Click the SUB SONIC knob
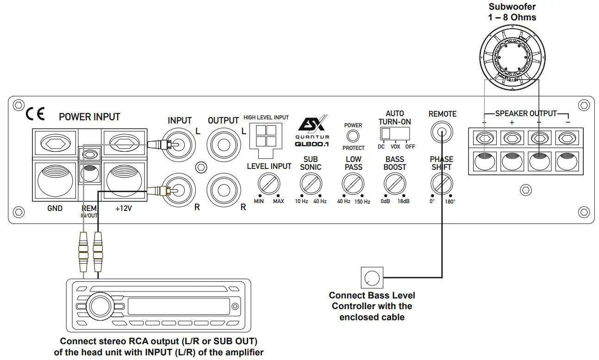[x=311, y=184]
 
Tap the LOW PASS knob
[x=353, y=184]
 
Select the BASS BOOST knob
[x=394, y=184]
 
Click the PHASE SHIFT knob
[x=441, y=184]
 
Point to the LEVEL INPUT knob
[x=268, y=185]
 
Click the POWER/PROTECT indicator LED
[x=353, y=136]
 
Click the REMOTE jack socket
[x=441, y=133]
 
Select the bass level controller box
[x=372, y=278]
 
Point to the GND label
[x=55, y=209]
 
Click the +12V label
[x=124, y=209]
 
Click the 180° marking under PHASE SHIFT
[x=450, y=202]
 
